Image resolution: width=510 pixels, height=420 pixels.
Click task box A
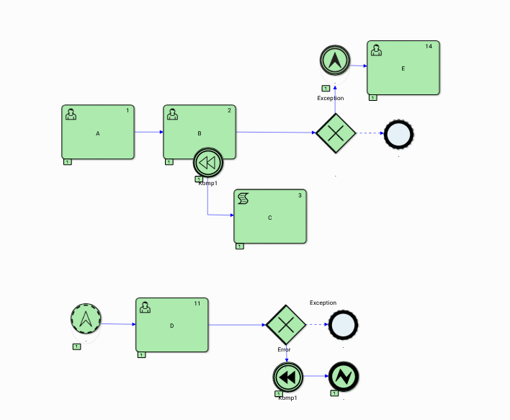click(98, 133)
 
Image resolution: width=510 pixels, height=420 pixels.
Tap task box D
click(172, 325)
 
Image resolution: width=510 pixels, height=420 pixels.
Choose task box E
click(403, 68)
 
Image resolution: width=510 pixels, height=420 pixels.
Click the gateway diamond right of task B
click(336, 133)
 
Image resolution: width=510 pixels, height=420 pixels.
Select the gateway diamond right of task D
click(286, 325)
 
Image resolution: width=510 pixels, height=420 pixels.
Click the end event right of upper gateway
click(399, 133)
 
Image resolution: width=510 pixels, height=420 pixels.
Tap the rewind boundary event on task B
click(207, 163)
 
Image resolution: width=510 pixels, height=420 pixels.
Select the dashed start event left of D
click(86, 318)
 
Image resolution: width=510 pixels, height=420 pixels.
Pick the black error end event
click(343, 377)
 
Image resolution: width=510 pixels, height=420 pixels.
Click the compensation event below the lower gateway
click(287, 377)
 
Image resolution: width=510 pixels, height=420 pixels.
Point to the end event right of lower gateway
click(343, 325)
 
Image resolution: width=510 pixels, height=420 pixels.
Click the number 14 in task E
click(429, 46)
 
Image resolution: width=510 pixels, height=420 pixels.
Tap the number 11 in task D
click(197, 303)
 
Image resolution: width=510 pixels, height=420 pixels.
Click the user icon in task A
click(71, 114)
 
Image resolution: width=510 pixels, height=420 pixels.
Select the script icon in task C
click(243, 198)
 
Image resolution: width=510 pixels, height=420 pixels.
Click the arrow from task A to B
click(148, 132)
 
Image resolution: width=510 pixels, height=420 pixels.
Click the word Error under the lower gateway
click(284, 349)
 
